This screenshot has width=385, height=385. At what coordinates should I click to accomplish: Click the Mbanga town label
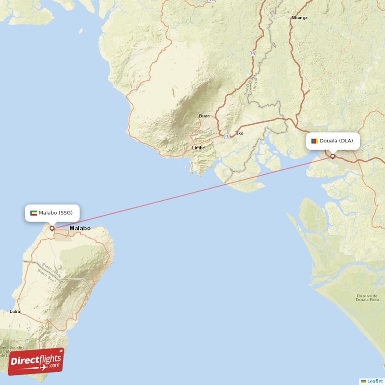point(299,18)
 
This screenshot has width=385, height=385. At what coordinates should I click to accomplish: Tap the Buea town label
point(204,116)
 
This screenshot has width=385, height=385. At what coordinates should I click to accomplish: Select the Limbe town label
point(198,148)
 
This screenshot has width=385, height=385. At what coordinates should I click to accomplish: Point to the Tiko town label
point(239,133)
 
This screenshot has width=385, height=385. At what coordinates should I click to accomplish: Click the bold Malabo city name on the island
point(80,228)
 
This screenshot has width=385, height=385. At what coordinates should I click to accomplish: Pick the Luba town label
point(14,312)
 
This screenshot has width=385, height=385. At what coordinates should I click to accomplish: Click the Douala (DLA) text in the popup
point(336,141)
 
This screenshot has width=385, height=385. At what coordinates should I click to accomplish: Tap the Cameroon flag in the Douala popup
point(315,141)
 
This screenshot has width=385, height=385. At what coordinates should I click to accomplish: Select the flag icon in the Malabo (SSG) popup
point(34,213)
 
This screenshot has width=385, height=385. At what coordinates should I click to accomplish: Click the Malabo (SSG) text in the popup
point(56,213)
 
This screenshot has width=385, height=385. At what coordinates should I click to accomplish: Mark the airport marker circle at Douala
point(333,156)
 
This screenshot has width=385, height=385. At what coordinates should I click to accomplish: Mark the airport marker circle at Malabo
point(52,228)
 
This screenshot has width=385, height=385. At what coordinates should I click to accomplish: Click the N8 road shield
point(253,54)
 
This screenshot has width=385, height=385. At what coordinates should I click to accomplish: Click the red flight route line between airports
point(192,192)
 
